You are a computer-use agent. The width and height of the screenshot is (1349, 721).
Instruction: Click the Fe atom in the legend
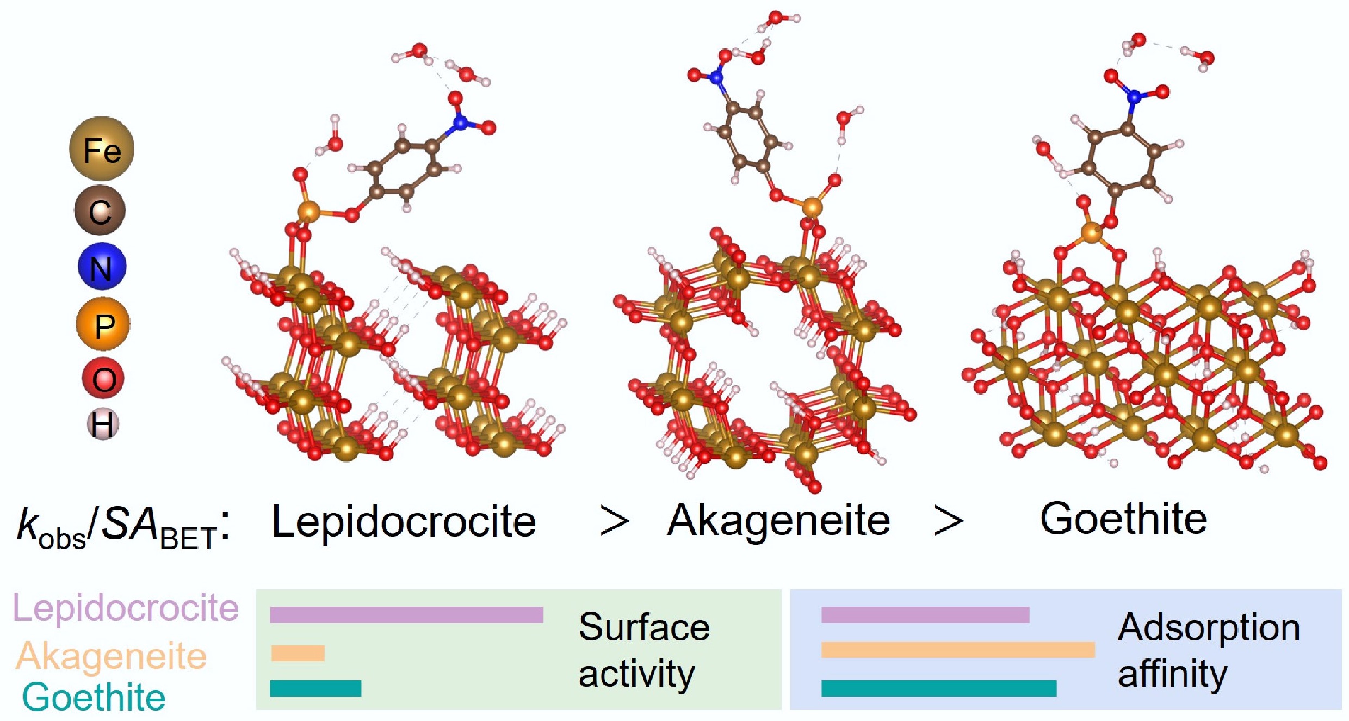tap(101, 149)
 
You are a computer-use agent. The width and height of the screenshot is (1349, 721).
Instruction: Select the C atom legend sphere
tap(100, 211)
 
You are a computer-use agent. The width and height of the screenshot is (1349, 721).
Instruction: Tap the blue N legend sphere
tap(102, 267)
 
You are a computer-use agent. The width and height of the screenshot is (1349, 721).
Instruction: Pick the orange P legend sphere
tap(103, 324)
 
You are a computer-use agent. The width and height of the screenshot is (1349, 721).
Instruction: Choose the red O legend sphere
tap(103, 379)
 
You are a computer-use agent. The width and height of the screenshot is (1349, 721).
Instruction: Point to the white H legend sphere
tap(103, 424)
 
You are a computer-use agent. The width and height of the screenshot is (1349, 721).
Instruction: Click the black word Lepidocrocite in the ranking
tap(404, 522)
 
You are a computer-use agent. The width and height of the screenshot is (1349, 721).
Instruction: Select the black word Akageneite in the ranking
tap(778, 521)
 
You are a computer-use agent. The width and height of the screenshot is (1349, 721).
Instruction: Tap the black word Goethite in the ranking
tap(1123, 519)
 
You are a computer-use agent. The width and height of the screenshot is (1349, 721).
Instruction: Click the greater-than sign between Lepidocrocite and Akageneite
tap(614, 522)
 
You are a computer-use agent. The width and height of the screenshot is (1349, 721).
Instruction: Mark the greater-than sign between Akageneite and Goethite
tap(948, 522)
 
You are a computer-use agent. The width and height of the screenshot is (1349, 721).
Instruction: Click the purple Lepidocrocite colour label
tap(126, 608)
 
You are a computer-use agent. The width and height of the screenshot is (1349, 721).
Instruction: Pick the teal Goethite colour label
tap(94, 697)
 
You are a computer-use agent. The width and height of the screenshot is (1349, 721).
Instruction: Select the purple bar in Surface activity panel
tap(406, 615)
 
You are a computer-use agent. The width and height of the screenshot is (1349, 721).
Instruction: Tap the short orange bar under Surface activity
tap(298, 653)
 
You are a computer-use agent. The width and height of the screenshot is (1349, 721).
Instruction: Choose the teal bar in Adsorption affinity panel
tap(938, 688)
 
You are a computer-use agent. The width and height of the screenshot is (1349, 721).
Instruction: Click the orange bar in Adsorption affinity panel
tap(957, 650)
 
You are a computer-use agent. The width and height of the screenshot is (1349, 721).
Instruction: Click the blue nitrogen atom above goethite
tap(1134, 97)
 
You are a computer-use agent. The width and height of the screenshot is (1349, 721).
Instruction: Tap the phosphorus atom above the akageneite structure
tap(812, 206)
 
